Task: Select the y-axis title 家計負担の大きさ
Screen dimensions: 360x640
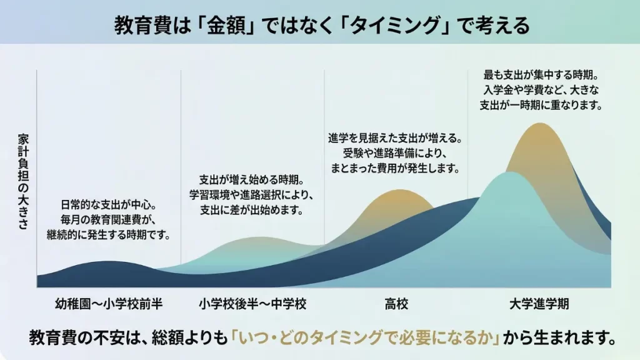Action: (x=23, y=181)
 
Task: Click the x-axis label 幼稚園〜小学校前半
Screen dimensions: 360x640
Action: (x=109, y=305)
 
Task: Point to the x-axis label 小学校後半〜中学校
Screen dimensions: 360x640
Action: (x=253, y=305)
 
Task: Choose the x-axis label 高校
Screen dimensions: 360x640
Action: (x=396, y=305)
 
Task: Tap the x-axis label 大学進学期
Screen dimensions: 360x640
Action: (x=539, y=305)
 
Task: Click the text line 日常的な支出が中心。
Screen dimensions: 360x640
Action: (x=108, y=205)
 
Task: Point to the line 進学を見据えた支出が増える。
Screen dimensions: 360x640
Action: (x=396, y=137)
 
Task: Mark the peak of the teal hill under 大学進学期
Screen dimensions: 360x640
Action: (x=510, y=173)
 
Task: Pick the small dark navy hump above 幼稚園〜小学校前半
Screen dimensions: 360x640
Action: (x=109, y=263)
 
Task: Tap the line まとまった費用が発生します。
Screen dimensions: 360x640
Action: (x=396, y=167)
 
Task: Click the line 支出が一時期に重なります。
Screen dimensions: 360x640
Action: (x=539, y=106)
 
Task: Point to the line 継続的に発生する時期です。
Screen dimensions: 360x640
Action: (x=108, y=235)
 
